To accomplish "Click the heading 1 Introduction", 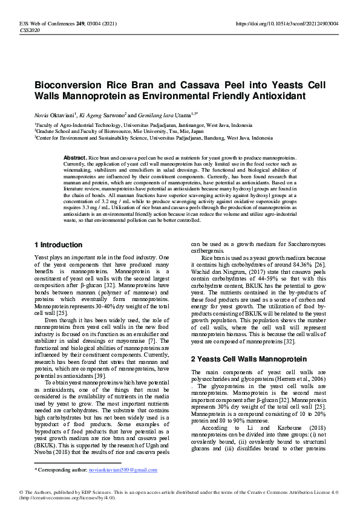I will point(58,245).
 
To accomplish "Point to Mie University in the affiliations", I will point(140,131).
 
